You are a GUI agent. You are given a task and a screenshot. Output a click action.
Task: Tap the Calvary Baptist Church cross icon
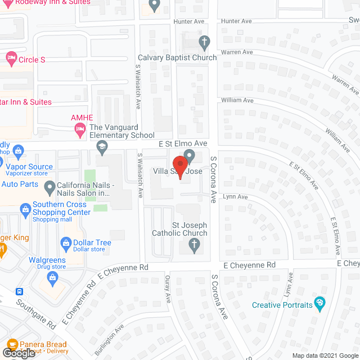(x=204, y=42)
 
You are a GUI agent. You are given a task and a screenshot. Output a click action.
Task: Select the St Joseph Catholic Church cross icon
(x=193, y=245)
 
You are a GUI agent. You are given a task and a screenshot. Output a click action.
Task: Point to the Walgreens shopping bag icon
(x=53, y=277)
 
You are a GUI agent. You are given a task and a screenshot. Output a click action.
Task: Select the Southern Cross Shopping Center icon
(x=25, y=210)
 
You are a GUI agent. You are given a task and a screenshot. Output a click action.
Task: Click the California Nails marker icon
(x=49, y=186)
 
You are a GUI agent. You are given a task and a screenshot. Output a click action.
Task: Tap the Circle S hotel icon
(x=11, y=58)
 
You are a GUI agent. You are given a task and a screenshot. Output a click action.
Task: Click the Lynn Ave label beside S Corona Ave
(x=235, y=197)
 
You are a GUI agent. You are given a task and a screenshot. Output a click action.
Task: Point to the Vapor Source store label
(x=29, y=166)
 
